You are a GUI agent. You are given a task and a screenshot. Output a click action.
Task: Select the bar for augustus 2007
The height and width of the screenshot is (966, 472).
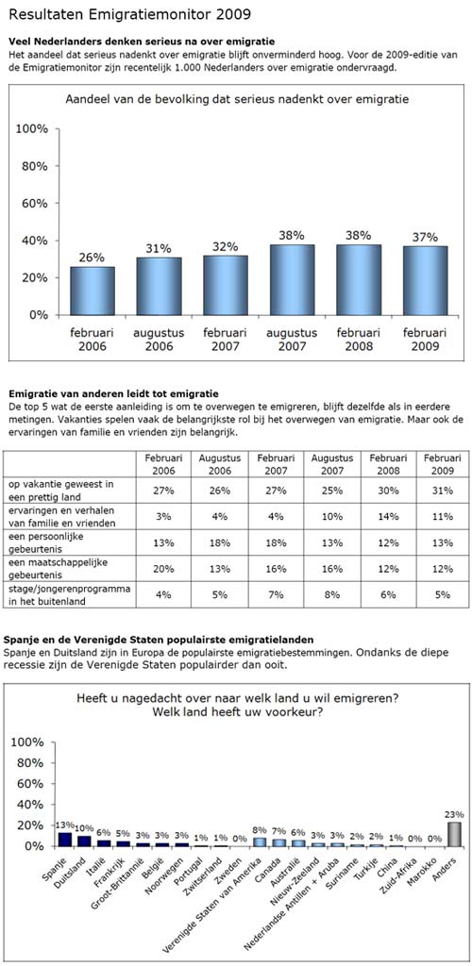[x=292, y=279]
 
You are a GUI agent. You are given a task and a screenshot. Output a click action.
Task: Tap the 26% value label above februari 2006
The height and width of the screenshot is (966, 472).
[x=92, y=257]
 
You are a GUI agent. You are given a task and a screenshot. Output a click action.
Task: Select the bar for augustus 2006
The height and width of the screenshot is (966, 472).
[x=159, y=287]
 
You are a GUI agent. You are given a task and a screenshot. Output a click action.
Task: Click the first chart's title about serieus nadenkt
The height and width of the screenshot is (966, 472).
[x=237, y=98]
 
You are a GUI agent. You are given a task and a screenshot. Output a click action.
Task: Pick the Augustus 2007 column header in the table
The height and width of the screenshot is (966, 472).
[x=332, y=464]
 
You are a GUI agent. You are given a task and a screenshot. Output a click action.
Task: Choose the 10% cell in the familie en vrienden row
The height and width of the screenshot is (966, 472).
[x=332, y=516]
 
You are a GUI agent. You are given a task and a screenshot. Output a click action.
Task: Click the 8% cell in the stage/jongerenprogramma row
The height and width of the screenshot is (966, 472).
[x=332, y=595]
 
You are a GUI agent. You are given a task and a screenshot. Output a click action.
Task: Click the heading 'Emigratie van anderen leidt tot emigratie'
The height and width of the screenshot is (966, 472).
[x=111, y=393]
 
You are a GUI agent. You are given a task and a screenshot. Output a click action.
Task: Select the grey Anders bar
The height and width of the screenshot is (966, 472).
[x=455, y=834]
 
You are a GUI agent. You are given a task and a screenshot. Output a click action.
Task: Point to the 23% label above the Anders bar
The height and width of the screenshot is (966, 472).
[x=456, y=814]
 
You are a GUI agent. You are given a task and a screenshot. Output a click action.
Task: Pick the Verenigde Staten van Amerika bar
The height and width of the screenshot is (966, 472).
[x=260, y=841]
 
